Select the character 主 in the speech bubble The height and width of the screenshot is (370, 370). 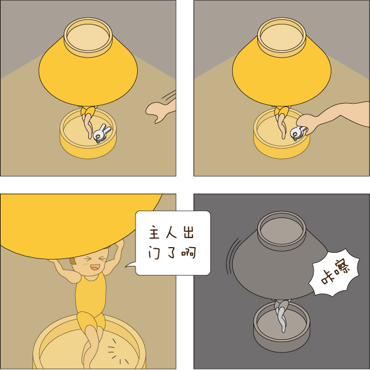click(154, 232)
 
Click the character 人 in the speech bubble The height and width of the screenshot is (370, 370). click(171, 232)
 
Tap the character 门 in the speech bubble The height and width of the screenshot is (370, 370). click(154, 252)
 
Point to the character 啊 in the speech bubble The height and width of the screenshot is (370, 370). click(189, 252)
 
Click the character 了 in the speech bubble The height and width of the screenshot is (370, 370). click(171, 252)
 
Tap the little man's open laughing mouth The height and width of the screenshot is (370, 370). click(94, 268)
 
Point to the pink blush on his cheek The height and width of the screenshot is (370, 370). click(85, 264)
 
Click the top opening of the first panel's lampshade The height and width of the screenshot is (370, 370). click(88, 37)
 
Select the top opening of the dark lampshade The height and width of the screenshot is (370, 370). click(282, 231)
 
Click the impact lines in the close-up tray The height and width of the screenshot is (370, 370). click(117, 352)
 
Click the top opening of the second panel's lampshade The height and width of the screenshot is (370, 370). click(282, 37)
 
